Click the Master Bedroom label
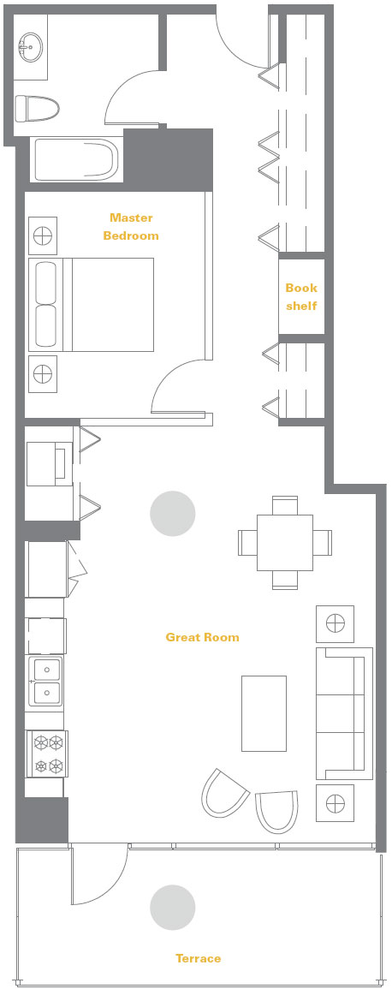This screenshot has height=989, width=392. point(130,226)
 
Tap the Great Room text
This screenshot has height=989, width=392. point(202,637)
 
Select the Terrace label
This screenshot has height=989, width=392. point(198,959)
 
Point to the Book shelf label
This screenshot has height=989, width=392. point(301,296)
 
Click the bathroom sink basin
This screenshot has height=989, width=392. point(30,46)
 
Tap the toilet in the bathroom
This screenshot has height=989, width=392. point(37,109)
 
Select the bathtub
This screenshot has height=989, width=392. point(74,160)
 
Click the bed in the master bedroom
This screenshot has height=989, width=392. point(91,304)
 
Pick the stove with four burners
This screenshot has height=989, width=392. point(47,754)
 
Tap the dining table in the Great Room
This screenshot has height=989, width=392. point(285,543)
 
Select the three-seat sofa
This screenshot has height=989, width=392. point(343,713)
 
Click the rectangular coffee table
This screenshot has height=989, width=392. point(264,713)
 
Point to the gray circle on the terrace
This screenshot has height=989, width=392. point(173,907)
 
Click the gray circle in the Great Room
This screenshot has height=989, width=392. point(173,514)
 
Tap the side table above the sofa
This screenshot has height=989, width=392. point(335,624)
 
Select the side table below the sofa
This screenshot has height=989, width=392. point(335,803)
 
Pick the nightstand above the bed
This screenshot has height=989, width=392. point(43,235)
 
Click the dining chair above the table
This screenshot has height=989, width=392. point(285,505)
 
